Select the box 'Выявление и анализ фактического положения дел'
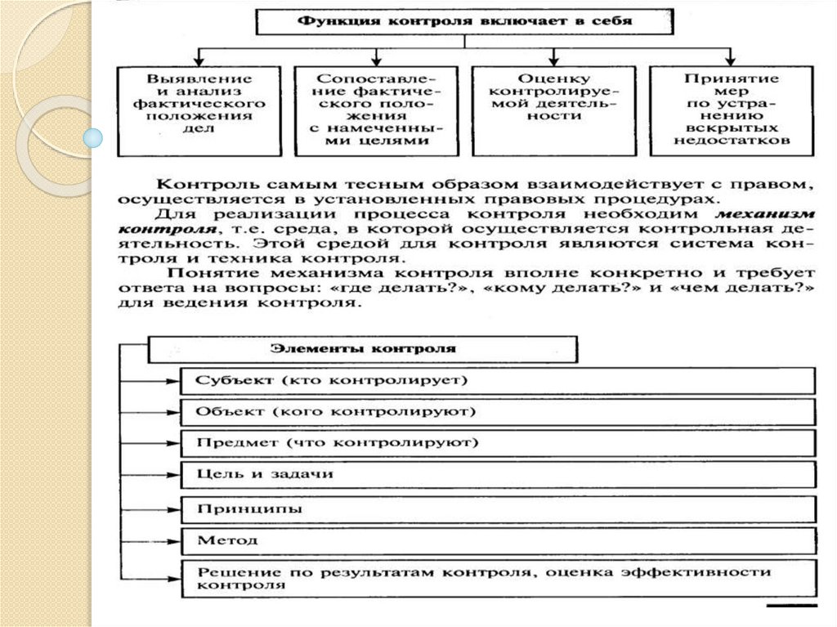pyautogui.click(x=199, y=110)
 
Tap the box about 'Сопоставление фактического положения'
pyautogui.click(x=375, y=110)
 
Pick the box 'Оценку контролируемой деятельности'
pyautogui.click(x=553, y=110)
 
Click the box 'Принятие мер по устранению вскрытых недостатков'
pyautogui.click(x=731, y=110)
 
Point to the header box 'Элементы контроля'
pyautogui.click(x=363, y=349)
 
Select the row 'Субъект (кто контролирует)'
pyautogui.click(x=499, y=381)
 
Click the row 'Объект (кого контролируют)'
pyautogui.click(x=499, y=412)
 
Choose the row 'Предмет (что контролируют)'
pyautogui.click(x=499, y=443)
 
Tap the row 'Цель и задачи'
pyautogui.click(x=499, y=474)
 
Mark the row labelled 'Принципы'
pyautogui.click(x=499, y=508)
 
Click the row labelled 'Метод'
pyautogui.click(x=499, y=540)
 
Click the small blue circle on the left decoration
pyautogui.click(x=95, y=138)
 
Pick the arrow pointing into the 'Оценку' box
pyautogui.click(x=553, y=60)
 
